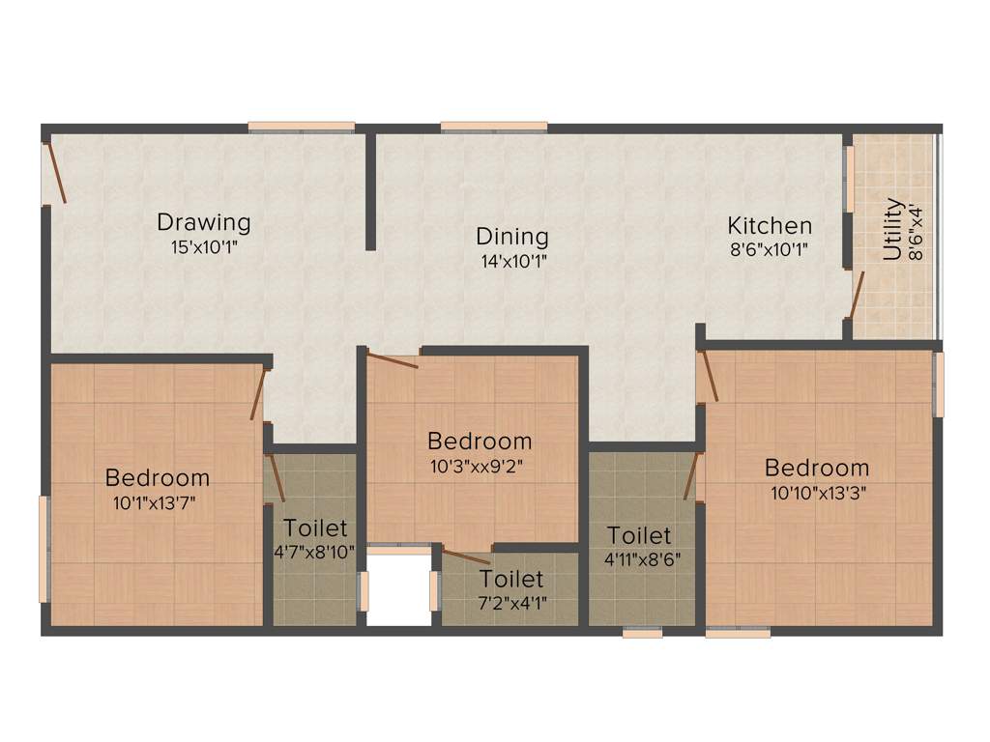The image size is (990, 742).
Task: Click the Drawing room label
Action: pyautogui.click(x=204, y=222)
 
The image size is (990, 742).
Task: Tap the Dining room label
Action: pyautogui.click(x=511, y=236)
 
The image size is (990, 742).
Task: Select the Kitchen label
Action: pyautogui.click(x=770, y=226)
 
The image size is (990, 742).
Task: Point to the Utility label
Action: pyautogui.click(x=892, y=230)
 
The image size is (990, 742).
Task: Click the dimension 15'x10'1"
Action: pyautogui.click(x=203, y=246)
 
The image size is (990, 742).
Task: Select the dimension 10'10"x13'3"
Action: pyautogui.click(x=818, y=492)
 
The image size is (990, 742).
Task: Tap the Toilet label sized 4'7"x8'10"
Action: pyautogui.click(x=315, y=528)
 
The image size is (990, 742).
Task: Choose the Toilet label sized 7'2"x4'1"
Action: pyautogui.click(x=511, y=580)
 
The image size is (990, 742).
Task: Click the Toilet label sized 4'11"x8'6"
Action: pyautogui.click(x=639, y=535)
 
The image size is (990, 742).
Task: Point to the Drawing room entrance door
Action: pyautogui.click(x=54, y=173)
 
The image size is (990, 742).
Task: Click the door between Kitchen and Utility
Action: pyautogui.click(x=855, y=295)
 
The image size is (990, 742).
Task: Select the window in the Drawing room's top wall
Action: pyautogui.click(x=301, y=127)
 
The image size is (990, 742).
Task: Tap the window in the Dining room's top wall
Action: pyautogui.click(x=494, y=127)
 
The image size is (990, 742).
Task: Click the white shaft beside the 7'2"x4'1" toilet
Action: pyautogui.click(x=398, y=589)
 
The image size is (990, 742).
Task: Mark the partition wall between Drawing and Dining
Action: pyautogui.click(x=370, y=191)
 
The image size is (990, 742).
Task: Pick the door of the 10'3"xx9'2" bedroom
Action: pyautogui.click(x=393, y=360)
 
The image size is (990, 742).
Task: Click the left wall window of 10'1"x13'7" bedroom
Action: pyautogui.click(x=43, y=548)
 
